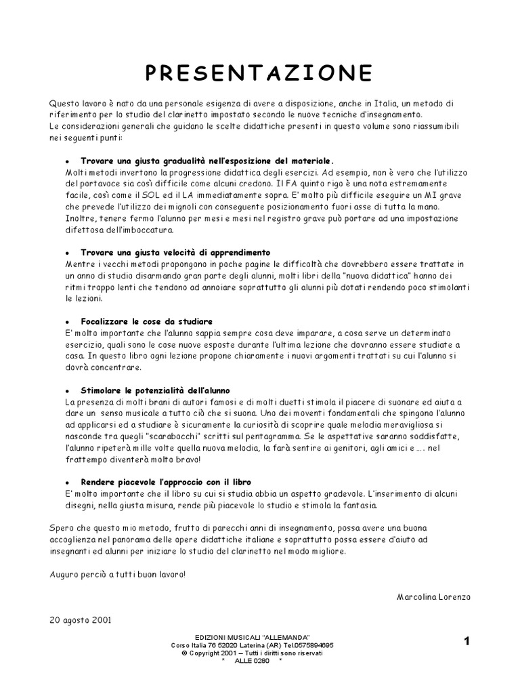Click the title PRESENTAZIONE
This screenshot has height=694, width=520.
259,72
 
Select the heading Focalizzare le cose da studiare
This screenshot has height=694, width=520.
147,321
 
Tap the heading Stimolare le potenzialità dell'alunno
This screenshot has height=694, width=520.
156,391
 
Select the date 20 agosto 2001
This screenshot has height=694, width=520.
81,619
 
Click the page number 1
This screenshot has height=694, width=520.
467,640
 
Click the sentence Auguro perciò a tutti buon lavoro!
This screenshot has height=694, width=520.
116,574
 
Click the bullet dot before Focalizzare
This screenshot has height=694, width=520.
66,322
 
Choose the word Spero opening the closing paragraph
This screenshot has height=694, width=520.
62,527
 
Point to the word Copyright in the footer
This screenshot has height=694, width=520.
211,653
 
